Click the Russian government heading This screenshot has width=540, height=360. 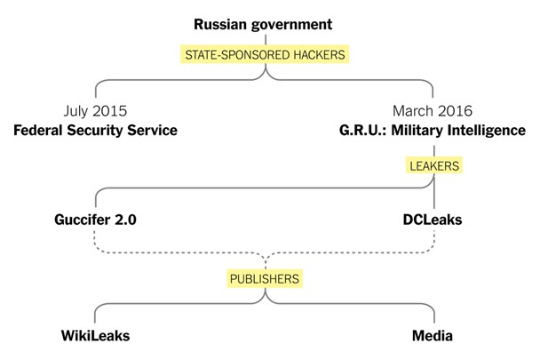pyautogui.click(x=263, y=25)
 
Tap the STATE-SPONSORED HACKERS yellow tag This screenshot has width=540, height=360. pyautogui.click(x=265, y=54)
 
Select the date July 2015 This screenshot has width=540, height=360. pyautogui.click(x=95, y=111)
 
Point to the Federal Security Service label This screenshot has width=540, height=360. pyautogui.click(x=95, y=131)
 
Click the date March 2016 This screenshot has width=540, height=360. pyautogui.click(x=433, y=111)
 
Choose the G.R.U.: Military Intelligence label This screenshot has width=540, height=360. pyautogui.click(x=433, y=131)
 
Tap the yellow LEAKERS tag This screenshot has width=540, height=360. pyautogui.click(x=434, y=166)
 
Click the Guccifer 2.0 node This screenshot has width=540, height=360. pyautogui.click(x=95, y=220)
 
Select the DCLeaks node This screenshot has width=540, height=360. pyautogui.click(x=433, y=220)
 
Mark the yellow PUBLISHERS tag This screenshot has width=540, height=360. pyautogui.click(x=265, y=278)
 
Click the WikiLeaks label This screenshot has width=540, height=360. pyautogui.click(x=95, y=335)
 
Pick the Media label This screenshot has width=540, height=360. pyautogui.click(x=433, y=335)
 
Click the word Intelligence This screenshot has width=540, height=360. pyautogui.click(x=487, y=131)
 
